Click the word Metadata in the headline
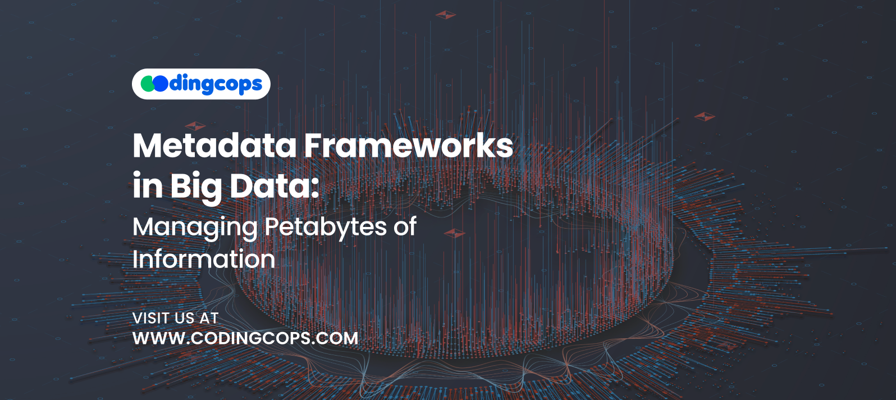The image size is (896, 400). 215,146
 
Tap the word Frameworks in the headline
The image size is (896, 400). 408,146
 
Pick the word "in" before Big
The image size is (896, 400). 148,186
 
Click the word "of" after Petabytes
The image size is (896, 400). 405,226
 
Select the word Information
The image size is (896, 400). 204,259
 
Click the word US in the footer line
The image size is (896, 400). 184,319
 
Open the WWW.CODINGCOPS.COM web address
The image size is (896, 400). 245,338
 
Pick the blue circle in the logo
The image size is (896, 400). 161,84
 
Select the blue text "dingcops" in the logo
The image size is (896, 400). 216,85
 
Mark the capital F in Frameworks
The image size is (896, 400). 314,146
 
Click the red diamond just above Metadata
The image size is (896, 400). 195,126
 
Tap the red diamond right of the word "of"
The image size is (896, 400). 454,233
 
